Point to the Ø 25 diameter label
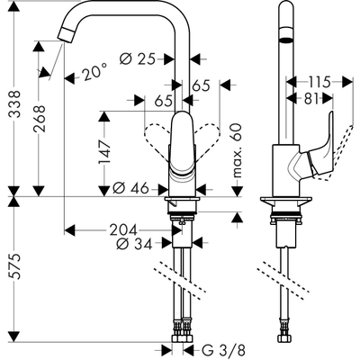pyautogui.click(x=137, y=59)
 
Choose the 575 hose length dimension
pyautogui.click(x=12, y=270)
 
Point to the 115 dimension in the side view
pyautogui.click(x=313, y=78)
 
